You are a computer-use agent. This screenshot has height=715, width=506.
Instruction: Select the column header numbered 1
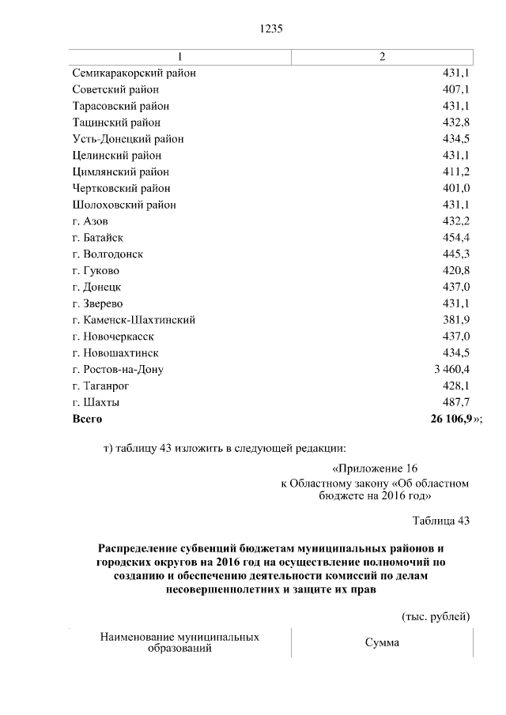tap(179, 57)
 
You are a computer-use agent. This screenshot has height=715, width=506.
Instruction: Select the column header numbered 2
tap(383, 57)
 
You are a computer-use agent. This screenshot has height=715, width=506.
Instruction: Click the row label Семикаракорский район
tap(134, 73)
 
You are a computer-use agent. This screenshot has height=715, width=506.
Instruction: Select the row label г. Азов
tap(89, 221)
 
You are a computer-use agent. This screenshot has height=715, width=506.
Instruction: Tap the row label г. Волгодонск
tap(107, 254)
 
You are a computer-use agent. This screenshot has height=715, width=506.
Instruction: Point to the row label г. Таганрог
tap(100, 386)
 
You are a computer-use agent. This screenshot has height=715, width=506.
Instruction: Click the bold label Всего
tap(87, 419)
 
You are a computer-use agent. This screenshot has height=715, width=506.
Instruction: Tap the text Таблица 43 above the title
tap(441, 520)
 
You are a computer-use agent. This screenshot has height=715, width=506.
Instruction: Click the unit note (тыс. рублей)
tap(436, 616)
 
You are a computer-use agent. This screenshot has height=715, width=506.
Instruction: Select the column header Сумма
tap(382, 643)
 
